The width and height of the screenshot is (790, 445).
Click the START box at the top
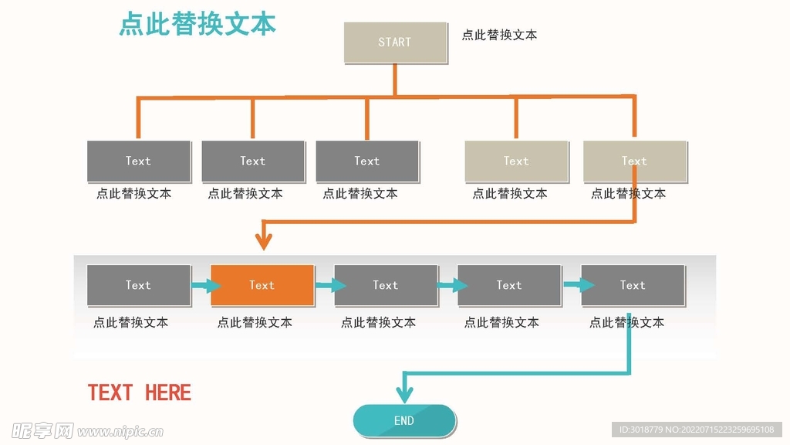pos(395,42)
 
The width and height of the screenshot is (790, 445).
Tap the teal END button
pos(404,420)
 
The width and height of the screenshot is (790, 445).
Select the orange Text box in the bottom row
pos(262,285)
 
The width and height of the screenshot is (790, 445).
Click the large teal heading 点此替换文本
pos(197,25)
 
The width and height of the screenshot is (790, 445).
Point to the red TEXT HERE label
pos(140,392)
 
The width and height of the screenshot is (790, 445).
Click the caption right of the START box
pos(499,35)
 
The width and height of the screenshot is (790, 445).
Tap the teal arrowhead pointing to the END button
pos(404,395)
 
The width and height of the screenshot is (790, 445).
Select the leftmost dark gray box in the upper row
pos(139,161)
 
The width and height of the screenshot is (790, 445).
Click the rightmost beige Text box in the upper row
pos(634,161)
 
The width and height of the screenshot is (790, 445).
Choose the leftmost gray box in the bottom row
pos(139,285)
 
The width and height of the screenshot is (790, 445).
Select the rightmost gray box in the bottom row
pos(633,285)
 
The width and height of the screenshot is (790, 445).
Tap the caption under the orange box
pos(255,322)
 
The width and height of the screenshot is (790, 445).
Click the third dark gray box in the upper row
pos(367,161)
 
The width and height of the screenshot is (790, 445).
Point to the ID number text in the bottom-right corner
pos(697,430)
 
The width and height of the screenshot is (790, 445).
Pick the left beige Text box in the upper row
pos(516,161)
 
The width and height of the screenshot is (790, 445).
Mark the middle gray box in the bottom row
pos(386,285)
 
